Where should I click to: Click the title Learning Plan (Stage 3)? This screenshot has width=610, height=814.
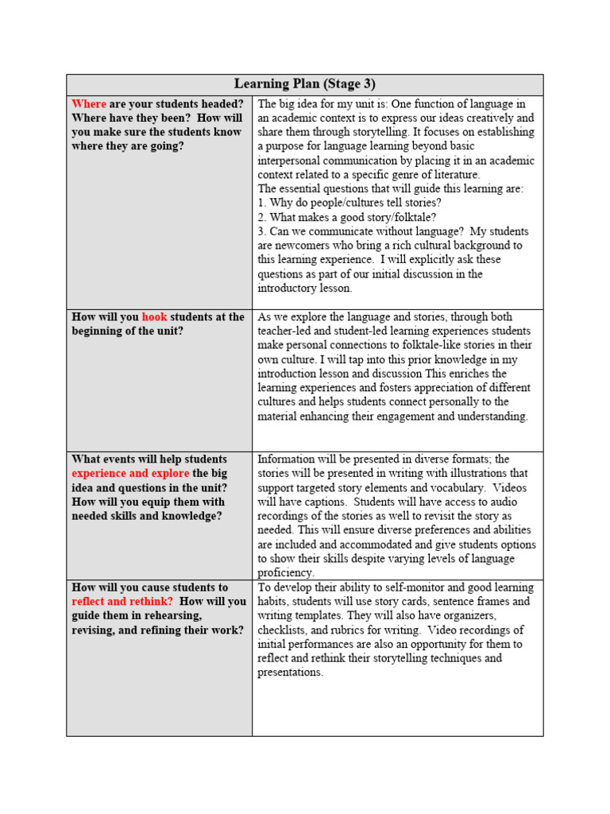[x=305, y=84]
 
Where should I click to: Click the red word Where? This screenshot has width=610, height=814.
[x=89, y=104]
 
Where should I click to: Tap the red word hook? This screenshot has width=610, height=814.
[x=154, y=317]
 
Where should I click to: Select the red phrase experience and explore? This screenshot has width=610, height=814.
[x=130, y=474]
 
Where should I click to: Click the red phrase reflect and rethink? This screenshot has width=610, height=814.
[x=122, y=602]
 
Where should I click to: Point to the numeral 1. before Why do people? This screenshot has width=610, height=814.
[x=262, y=203]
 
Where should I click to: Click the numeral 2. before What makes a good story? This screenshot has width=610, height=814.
[x=262, y=217]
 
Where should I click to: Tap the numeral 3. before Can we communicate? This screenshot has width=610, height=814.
[x=262, y=231]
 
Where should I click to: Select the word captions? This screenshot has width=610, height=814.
[x=324, y=502]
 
